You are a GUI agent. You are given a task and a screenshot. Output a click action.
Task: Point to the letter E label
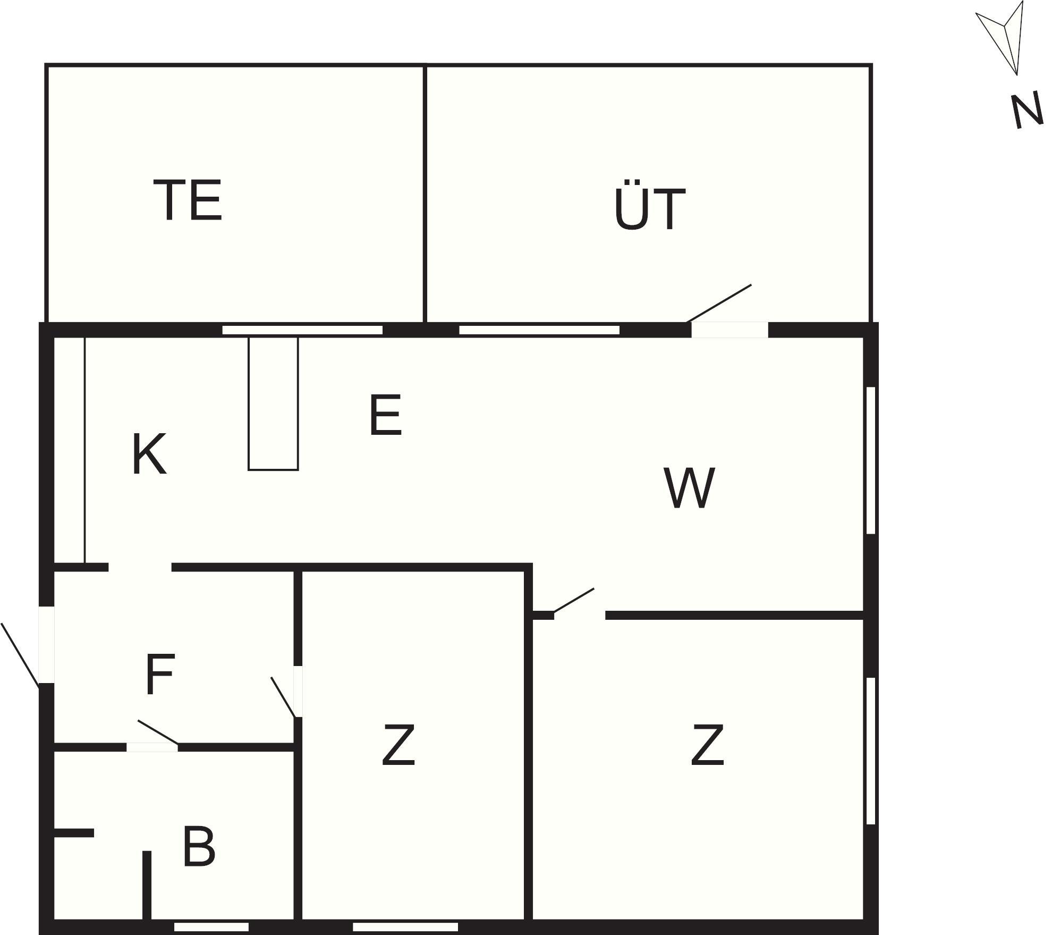click(x=385, y=415)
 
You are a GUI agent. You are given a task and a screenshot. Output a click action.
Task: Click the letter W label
click(x=689, y=487)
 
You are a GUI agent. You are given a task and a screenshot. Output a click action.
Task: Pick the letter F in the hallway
click(x=159, y=674)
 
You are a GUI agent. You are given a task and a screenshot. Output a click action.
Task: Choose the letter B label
click(x=199, y=847)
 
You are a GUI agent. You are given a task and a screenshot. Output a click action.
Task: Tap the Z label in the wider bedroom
click(x=707, y=744)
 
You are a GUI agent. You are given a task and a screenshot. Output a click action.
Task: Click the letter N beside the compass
click(x=1026, y=111)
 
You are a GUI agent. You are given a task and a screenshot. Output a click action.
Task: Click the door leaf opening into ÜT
click(x=719, y=304)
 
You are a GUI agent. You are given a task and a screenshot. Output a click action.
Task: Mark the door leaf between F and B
click(x=158, y=732)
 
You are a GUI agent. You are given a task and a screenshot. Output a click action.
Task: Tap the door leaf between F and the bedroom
click(x=283, y=697)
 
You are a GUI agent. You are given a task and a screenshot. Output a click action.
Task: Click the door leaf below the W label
click(x=574, y=600)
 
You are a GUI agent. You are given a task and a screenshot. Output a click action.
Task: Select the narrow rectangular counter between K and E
click(x=274, y=403)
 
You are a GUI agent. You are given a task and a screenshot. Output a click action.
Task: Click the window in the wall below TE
click(x=302, y=330)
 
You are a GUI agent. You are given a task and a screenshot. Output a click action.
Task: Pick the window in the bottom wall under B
click(x=211, y=927)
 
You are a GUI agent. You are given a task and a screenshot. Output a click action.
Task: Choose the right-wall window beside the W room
click(x=870, y=460)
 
